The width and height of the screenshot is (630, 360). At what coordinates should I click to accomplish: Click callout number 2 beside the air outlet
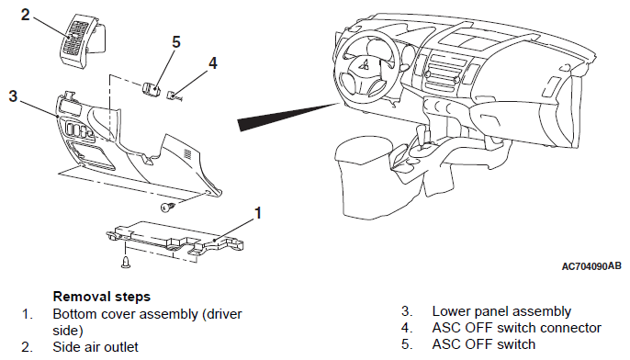[26, 15]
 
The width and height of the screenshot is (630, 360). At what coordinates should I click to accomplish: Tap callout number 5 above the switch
[176, 42]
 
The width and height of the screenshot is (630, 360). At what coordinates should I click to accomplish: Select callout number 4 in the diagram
[212, 63]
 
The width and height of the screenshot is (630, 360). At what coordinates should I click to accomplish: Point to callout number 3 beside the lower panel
[13, 96]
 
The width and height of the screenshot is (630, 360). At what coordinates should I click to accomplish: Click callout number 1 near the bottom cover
[257, 213]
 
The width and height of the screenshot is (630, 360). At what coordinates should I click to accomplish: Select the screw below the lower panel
[168, 208]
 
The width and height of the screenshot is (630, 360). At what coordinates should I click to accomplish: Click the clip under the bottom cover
[126, 261]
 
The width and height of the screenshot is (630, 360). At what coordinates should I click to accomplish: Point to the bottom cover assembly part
[175, 240]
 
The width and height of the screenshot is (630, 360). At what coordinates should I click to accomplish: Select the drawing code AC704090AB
[591, 266]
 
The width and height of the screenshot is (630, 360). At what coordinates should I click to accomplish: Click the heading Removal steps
[102, 297]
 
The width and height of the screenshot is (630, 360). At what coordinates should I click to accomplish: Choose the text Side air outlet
[96, 347]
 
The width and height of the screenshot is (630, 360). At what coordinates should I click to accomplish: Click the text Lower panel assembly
[501, 311]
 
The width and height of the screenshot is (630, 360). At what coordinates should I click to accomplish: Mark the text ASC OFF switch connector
[517, 328]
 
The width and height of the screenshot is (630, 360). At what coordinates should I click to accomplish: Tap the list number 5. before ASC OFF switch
[406, 344]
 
